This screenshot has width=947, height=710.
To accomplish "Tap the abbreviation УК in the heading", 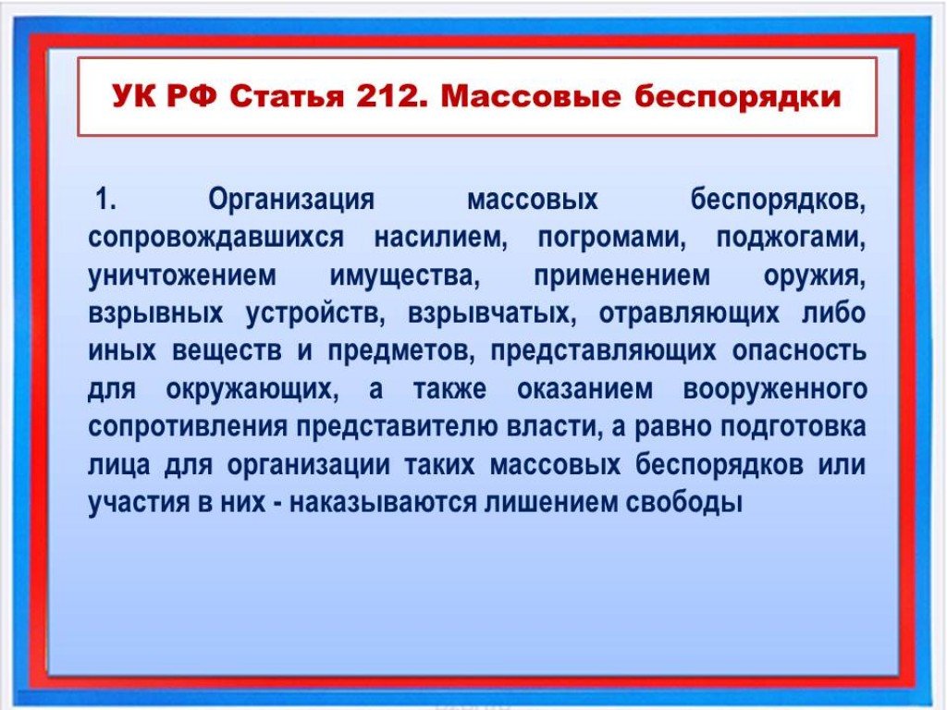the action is point(134,97).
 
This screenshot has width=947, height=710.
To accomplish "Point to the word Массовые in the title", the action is point(531,97).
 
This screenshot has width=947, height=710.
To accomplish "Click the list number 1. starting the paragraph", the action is point(105,199).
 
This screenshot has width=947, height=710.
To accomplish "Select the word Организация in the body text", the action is point(291,200).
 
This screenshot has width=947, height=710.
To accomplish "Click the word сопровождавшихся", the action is point(215,238).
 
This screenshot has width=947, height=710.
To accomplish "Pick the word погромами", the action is point(612,238).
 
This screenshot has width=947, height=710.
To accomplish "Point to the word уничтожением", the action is point(182,275).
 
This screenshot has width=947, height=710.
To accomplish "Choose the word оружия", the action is point(815,276).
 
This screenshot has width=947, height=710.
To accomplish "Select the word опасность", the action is point(800,351).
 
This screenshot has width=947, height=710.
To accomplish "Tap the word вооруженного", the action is point(775,389).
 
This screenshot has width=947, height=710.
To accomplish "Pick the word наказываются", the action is point(383,502).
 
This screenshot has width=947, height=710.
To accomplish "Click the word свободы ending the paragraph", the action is point(684,502).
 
